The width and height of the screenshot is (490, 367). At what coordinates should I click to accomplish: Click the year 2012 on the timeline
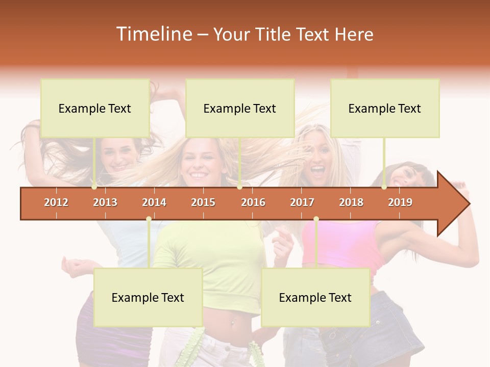click(56, 202)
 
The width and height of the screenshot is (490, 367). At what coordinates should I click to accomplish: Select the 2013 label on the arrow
click(105, 202)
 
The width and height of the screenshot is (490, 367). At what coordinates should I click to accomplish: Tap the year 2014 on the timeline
click(154, 202)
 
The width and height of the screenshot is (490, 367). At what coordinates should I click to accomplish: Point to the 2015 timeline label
click(203, 202)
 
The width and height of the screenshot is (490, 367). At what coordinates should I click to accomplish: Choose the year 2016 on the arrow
click(253, 202)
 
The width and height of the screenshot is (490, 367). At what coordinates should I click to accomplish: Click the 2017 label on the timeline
click(302, 202)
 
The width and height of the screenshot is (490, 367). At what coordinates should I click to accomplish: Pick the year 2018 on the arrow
click(351, 202)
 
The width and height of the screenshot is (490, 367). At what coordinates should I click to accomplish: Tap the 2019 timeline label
click(400, 202)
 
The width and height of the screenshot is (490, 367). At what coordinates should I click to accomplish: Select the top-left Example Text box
click(95, 108)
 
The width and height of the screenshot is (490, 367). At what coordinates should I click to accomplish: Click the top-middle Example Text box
click(240, 108)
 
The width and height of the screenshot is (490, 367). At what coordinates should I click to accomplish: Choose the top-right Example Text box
click(385, 108)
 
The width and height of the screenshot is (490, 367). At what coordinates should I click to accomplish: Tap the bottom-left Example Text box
click(148, 298)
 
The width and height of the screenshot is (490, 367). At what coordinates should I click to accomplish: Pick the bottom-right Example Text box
click(315, 298)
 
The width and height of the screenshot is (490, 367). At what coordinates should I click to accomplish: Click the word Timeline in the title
click(154, 34)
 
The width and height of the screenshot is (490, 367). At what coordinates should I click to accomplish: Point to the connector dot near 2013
click(94, 187)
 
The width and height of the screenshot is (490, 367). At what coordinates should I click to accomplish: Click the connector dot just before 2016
click(239, 187)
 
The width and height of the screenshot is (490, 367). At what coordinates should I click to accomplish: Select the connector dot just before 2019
click(384, 187)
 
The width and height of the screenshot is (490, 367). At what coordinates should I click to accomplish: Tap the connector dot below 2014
click(149, 219)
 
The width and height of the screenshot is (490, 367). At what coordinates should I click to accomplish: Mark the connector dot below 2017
click(316, 219)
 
